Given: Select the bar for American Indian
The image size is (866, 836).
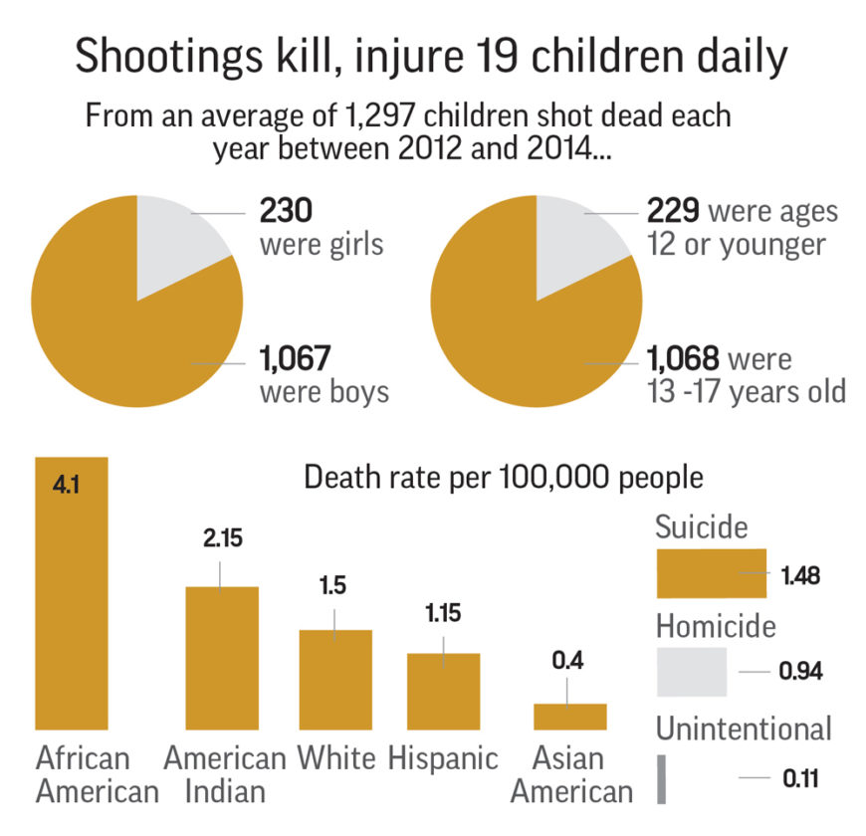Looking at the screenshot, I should (223, 658).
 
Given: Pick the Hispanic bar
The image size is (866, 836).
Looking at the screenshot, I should (444, 692).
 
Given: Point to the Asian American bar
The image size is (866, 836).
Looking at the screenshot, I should (569, 717).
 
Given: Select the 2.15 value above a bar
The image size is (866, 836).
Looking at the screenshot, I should (221, 538).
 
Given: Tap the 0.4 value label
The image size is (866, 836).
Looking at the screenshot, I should (567, 659).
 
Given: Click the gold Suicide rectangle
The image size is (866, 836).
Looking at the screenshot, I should (710, 576).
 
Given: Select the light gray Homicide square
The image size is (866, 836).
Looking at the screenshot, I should (691, 672).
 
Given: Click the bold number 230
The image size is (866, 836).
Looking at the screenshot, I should (286, 212).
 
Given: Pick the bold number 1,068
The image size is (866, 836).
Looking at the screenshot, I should (684, 357).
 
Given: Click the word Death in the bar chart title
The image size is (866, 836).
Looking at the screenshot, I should (340, 478).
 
